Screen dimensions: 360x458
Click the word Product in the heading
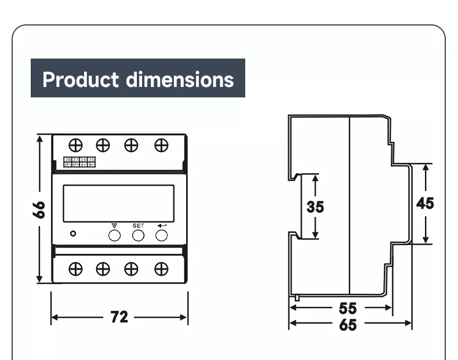81,79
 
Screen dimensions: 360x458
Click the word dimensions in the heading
180,79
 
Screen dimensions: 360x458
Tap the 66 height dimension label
39,209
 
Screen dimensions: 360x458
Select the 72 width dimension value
119,317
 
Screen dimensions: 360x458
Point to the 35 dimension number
315,206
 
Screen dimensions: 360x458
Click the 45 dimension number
425,203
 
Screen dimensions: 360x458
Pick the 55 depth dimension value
348,308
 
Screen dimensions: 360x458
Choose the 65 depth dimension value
348,325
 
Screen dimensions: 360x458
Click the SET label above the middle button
138,225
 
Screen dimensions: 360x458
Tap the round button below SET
138,235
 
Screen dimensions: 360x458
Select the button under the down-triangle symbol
114,235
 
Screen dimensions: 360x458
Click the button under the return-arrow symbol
162,235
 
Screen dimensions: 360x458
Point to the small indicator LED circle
72,234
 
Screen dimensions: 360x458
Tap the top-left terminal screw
75,145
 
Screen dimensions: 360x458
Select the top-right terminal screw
161,145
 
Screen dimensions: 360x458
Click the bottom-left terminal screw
75,268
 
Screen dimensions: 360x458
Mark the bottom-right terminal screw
161,268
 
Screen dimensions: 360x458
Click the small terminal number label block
80,162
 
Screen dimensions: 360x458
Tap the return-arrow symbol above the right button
161,225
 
